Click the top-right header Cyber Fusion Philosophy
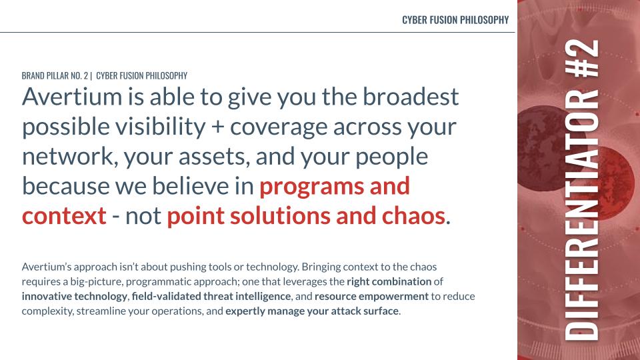coord(455,20)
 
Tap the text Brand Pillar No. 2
coord(55,75)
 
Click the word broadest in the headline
coord(411,97)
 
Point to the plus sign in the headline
coord(218,127)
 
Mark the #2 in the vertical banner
coord(581,59)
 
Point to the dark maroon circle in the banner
coord(543,149)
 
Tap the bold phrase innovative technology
coord(74,296)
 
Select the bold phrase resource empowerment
coord(371,296)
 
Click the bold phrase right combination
coord(389,281)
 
